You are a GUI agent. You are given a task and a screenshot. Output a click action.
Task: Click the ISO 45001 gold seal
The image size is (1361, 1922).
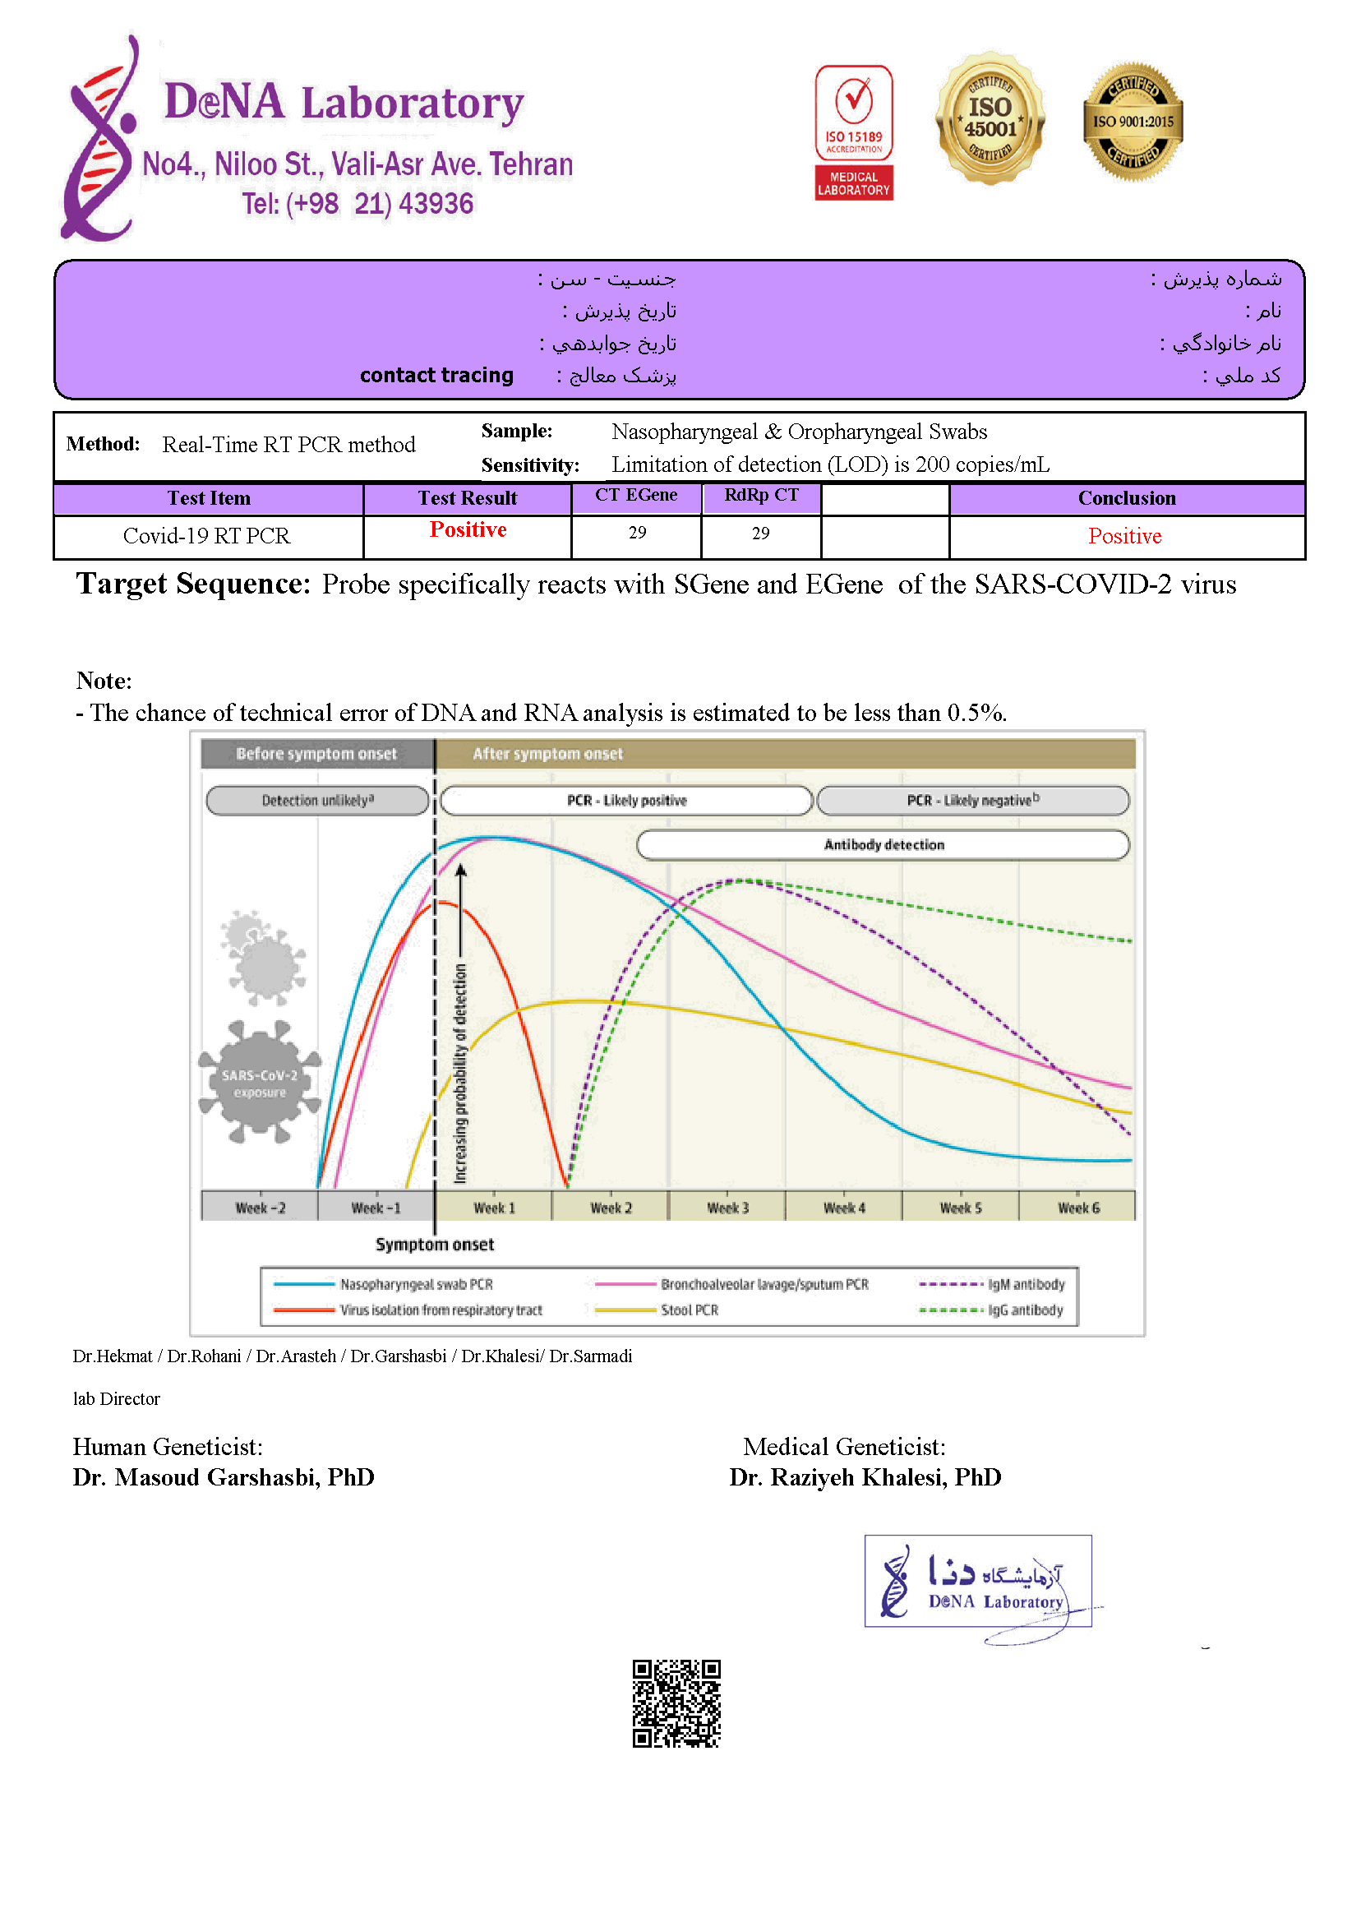[x=990, y=118]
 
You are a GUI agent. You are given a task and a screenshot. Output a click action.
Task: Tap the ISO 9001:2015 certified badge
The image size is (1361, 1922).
[x=1133, y=122]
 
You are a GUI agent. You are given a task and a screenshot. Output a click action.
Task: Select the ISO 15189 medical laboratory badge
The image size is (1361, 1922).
[x=853, y=132]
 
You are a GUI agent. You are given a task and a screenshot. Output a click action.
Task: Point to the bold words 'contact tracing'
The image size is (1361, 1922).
[x=436, y=375]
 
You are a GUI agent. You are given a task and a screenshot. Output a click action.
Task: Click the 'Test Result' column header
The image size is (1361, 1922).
[x=468, y=498]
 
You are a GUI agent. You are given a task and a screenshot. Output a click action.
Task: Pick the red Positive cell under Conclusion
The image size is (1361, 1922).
[x=1124, y=536]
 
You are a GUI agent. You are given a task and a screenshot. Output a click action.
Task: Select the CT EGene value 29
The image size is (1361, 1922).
[x=637, y=533]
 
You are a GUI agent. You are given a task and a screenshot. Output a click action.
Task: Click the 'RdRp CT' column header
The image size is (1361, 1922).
[x=761, y=496]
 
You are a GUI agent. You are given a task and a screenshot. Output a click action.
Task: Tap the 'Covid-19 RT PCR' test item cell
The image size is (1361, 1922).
[x=207, y=536]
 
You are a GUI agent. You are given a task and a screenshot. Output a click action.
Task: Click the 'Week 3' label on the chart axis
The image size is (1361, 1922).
[x=727, y=1208]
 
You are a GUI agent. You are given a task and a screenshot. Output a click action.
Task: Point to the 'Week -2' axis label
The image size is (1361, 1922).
[x=260, y=1208]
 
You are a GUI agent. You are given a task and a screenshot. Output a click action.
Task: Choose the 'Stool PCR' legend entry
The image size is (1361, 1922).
[x=688, y=1310]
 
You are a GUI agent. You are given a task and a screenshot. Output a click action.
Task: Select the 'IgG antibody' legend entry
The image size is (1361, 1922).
[x=1024, y=1310]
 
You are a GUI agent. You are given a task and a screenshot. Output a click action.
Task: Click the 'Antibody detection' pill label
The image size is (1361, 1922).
[x=883, y=845]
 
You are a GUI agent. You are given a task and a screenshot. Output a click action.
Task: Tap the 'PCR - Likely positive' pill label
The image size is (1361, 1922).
[x=626, y=801]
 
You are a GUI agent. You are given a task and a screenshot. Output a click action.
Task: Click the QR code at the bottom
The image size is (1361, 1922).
[x=676, y=1703]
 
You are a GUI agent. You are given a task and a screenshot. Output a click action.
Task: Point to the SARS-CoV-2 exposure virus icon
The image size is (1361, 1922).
[x=260, y=1082]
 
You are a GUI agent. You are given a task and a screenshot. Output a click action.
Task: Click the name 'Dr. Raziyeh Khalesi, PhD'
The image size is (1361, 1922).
[x=865, y=1477]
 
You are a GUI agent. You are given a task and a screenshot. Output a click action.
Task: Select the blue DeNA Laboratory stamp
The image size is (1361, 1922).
[x=978, y=1582]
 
